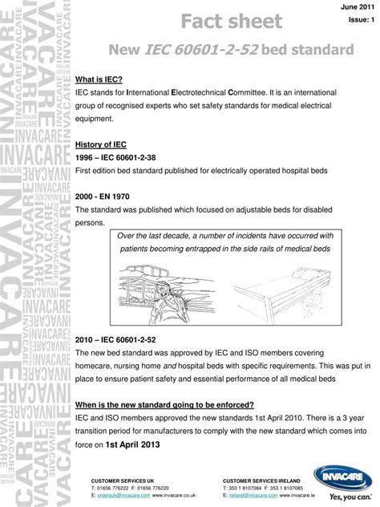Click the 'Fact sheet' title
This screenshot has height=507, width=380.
231,21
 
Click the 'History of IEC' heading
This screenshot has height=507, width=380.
100,144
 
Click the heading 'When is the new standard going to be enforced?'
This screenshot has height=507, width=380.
164,404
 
